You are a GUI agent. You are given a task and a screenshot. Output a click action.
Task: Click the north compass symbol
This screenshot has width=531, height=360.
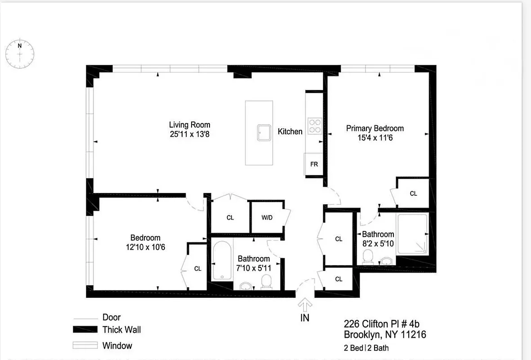point(20,54)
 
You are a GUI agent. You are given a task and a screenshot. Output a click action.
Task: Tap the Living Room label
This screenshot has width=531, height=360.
point(189,125)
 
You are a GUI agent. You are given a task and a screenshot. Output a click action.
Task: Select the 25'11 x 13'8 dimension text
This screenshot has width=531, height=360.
point(189,134)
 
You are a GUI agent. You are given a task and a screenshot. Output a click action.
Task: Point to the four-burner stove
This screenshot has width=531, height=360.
point(314,126)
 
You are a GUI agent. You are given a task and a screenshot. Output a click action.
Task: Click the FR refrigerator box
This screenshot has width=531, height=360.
point(314,164)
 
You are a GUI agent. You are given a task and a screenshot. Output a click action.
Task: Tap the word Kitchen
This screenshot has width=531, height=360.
point(290,131)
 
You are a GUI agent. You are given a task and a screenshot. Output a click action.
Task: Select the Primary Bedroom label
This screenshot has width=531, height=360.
point(375,128)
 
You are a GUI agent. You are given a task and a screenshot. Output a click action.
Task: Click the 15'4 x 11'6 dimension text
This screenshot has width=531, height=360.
point(375,138)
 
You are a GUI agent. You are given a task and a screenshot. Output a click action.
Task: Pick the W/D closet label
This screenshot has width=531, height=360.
point(267,218)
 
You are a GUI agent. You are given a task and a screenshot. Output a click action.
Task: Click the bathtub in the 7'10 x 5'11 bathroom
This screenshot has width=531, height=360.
point(222,261)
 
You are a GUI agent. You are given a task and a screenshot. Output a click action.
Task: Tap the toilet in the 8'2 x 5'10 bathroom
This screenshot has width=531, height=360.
point(369,257)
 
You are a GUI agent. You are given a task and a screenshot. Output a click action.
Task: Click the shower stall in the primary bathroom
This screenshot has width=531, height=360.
point(412,234)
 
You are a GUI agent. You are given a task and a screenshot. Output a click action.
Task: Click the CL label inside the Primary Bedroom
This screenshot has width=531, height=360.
point(413,193)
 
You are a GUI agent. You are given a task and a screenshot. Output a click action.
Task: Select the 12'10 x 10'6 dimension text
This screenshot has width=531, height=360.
point(145,247)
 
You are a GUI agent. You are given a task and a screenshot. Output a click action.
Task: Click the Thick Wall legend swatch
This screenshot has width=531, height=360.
point(85,330)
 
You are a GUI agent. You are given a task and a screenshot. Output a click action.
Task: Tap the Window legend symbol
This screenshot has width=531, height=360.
point(85,346)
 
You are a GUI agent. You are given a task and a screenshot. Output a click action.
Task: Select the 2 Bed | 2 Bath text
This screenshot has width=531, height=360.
point(366,348)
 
